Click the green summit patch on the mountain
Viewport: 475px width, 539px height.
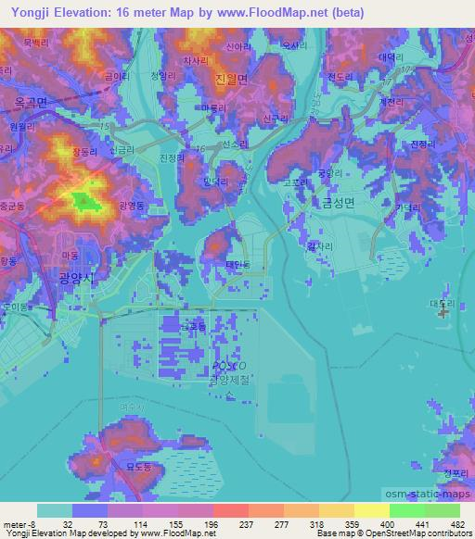(83, 199)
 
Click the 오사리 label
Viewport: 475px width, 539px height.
(294, 44)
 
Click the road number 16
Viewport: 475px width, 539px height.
(199, 147)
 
